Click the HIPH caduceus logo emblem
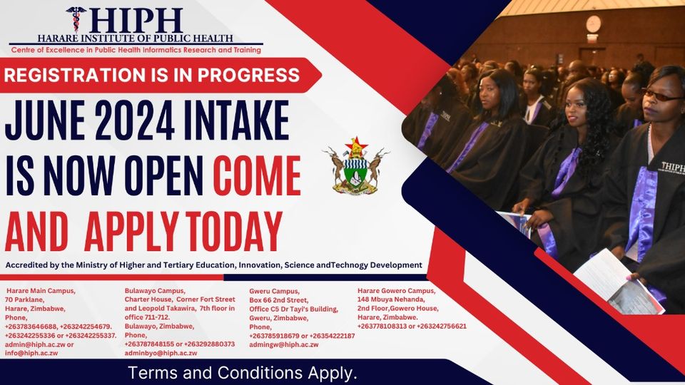click(75, 19)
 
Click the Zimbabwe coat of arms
click(356, 166)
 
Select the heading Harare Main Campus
click(40, 291)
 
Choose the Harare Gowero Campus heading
click(396, 291)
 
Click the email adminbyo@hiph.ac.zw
click(161, 353)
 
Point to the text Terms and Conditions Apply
click(243, 373)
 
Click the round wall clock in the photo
click(593, 24)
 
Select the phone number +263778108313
click(386, 327)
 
